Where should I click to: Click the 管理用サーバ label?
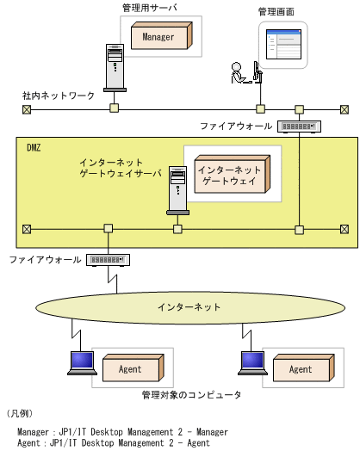click(x=149, y=8)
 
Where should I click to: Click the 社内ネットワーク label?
click(x=59, y=95)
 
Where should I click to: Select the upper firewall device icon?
click(x=298, y=127)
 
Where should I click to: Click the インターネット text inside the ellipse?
click(x=189, y=307)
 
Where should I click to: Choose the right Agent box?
click(x=301, y=368)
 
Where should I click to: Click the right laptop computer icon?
click(x=251, y=363)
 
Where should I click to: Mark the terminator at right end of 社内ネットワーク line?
click(x=344, y=109)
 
